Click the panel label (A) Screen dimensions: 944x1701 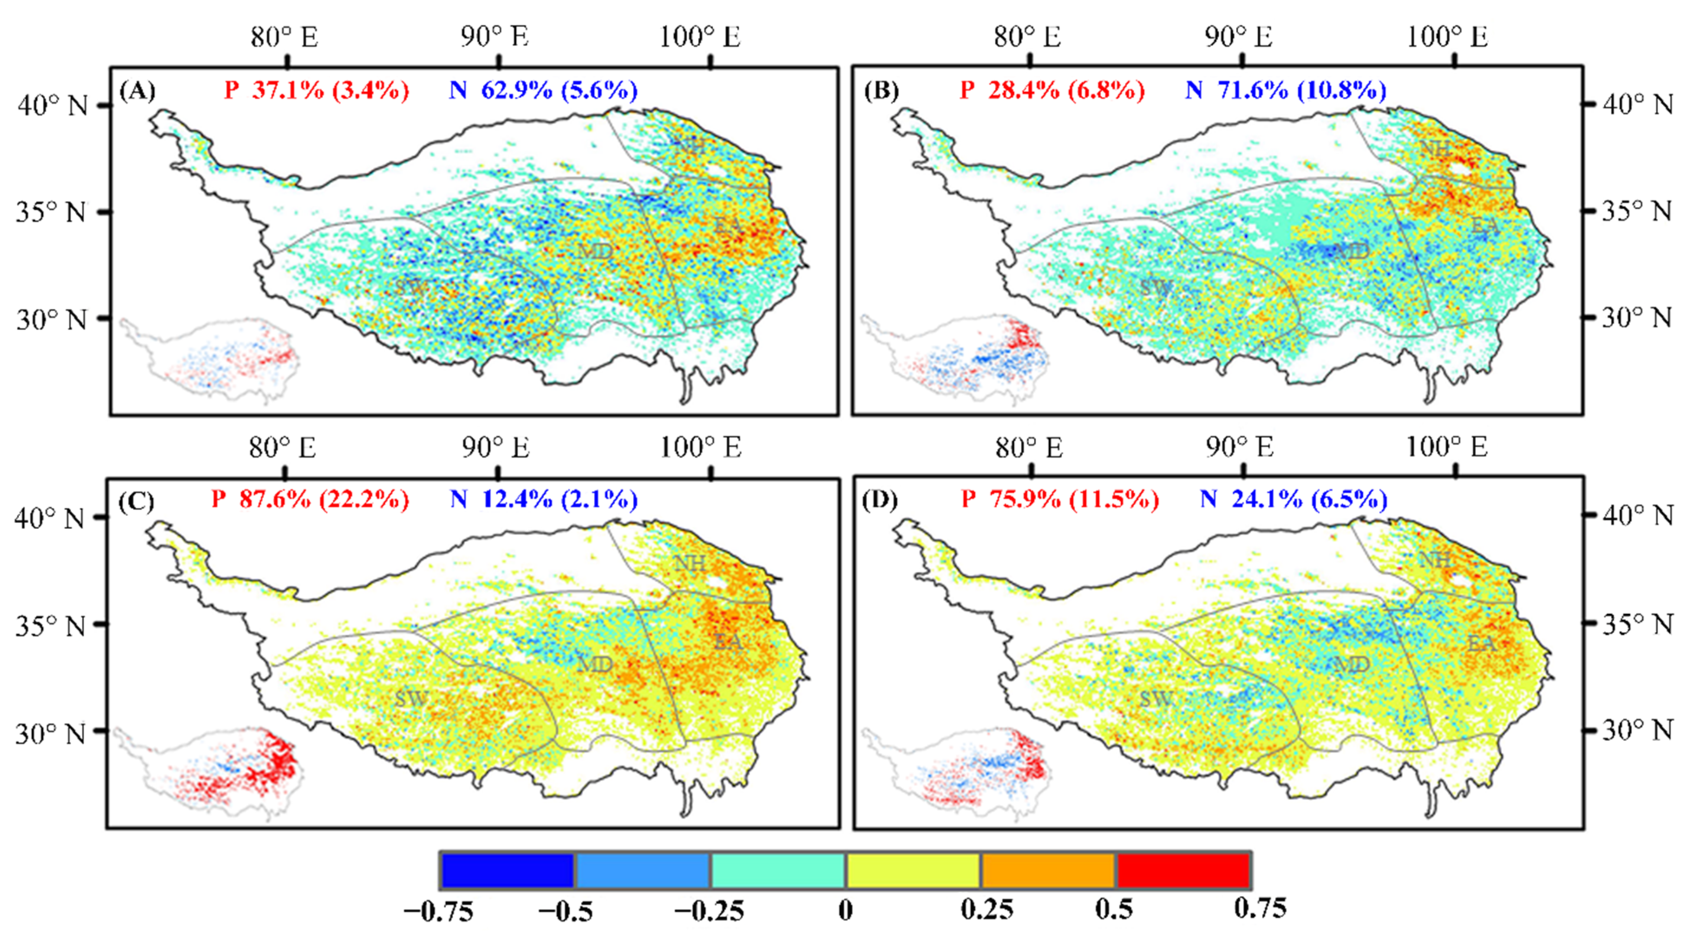click(x=138, y=90)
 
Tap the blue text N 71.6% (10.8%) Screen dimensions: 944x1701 click(x=1285, y=90)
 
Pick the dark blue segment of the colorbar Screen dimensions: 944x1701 click(x=507, y=871)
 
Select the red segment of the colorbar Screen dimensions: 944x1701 click(x=1183, y=871)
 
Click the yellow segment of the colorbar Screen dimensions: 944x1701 click(x=913, y=871)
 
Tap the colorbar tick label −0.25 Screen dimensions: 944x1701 click(x=708, y=911)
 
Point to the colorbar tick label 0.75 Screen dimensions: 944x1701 click(x=1260, y=908)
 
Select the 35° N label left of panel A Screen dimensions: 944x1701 click(x=52, y=213)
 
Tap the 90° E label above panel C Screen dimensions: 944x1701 click(x=495, y=448)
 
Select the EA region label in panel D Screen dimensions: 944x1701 click(x=1481, y=643)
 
